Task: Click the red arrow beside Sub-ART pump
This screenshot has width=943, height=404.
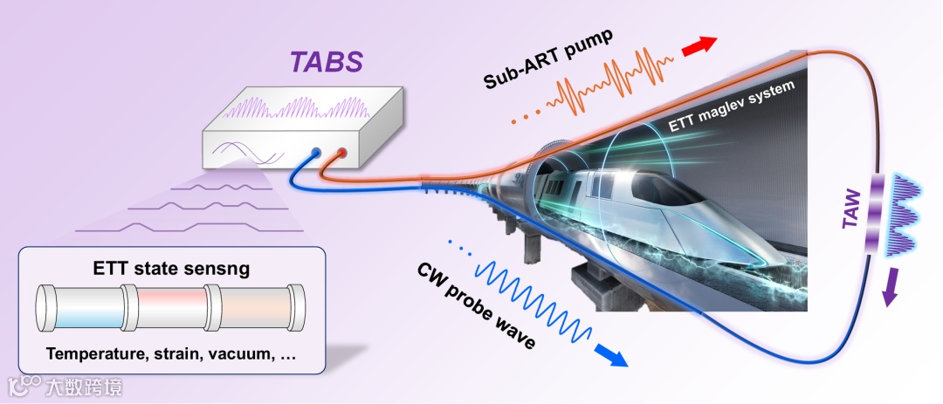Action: point(699,46)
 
